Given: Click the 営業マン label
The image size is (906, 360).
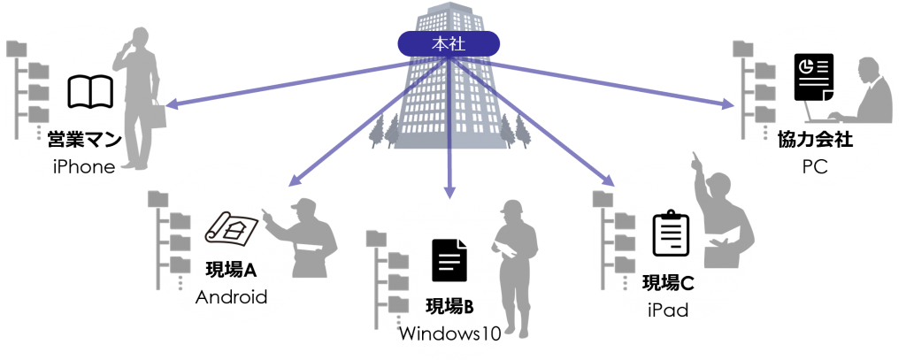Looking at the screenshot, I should [85, 141].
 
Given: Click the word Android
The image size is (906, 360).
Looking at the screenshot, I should [232, 297].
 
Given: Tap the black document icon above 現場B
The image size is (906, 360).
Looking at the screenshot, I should [449, 263].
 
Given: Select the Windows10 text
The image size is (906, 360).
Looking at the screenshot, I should [449, 333].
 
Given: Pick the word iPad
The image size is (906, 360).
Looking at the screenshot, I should [668, 310].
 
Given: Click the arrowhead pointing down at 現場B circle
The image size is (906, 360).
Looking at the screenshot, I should [449, 189].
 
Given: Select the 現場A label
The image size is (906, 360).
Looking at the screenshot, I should [232, 270].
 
